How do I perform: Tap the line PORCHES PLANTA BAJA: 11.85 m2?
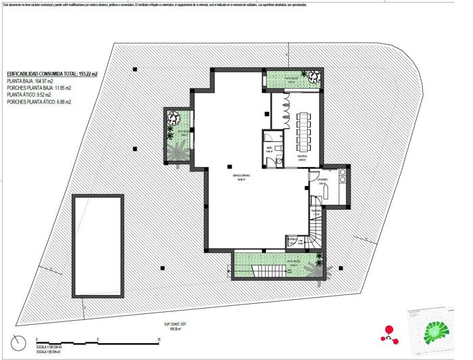(39, 88)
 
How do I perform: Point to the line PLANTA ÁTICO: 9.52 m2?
(30, 95)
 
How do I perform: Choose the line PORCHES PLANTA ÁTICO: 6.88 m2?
(39, 102)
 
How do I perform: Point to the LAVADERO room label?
(323, 181)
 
